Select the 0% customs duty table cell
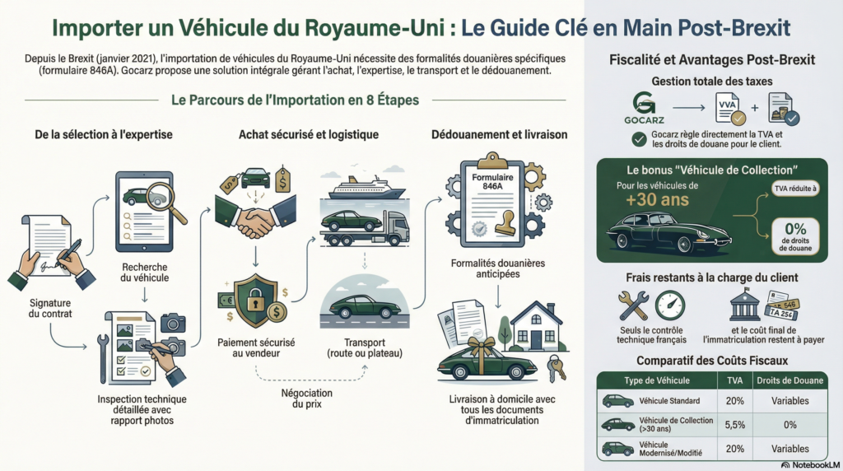[x=790, y=426]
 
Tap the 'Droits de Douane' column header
[x=790, y=380]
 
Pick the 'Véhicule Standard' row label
[x=669, y=401]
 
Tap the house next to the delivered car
[x=535, y=325]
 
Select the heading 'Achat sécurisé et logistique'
[x=309, y=134]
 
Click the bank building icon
[x=744, y=306]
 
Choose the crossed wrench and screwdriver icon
[x=634, y=306]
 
